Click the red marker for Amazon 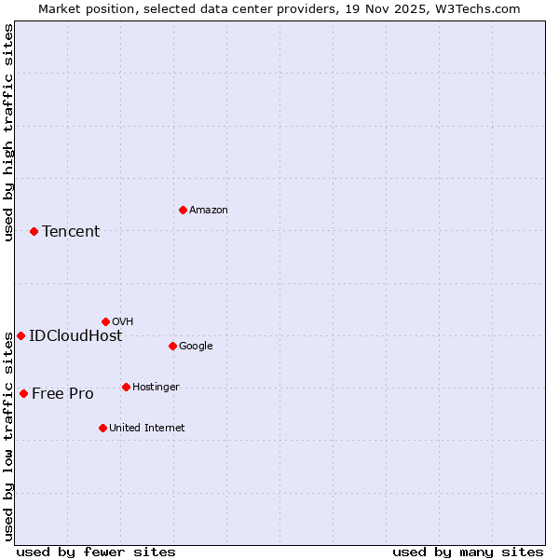click(x=183, y=210)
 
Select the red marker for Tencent click(x=34, y=231)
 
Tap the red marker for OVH click(x=105, y=321)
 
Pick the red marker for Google click(x=172, y=346)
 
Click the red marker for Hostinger click(x=126, y=387)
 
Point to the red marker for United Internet click(x=102, y=428)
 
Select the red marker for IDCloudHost click(x=20, y=335)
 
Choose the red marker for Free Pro click(x=23, y=393)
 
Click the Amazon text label click(x=209, y=211)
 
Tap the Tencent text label click(x=71, y=232)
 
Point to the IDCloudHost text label click(x=75, y=336)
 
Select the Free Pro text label click(x=62, y=394)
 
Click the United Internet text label click(x=147, y=429)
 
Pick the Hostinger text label click(x=156, y=388)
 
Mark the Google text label click(x=196, y=347)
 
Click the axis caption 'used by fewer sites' click(x=96, y=552)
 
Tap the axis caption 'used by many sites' click(x=468, y=552)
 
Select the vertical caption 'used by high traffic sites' click(x=9, y=132)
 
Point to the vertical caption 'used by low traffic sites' click(x=9, y=437)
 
